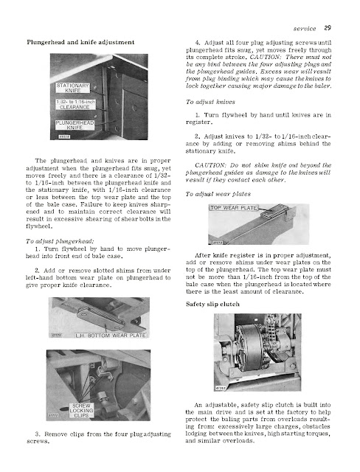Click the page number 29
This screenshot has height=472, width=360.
[328, 28]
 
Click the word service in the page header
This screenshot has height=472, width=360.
[305, 29]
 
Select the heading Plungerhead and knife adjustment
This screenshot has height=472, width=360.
[80, 42]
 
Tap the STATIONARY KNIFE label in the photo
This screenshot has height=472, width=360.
[73, 88]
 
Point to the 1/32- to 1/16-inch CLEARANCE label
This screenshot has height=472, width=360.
[75, 105]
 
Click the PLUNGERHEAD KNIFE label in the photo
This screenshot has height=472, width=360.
[75, 125]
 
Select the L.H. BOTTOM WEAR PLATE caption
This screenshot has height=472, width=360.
[111, 336]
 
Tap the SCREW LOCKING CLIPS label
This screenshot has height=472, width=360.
[81, 411]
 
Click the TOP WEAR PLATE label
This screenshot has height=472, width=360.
[234, 208]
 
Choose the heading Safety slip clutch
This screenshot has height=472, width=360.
[212, 304]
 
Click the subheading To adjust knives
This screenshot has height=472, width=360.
[210, 102]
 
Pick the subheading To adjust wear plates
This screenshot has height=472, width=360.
[218, 194]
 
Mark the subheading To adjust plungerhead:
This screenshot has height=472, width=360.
[60, 241]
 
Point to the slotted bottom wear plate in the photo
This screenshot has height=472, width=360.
[103, 316]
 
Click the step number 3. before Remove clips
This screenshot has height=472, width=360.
[38, 434]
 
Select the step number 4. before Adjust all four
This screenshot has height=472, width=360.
[198, 43]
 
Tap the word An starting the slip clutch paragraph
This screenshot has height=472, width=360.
[198, 405]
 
